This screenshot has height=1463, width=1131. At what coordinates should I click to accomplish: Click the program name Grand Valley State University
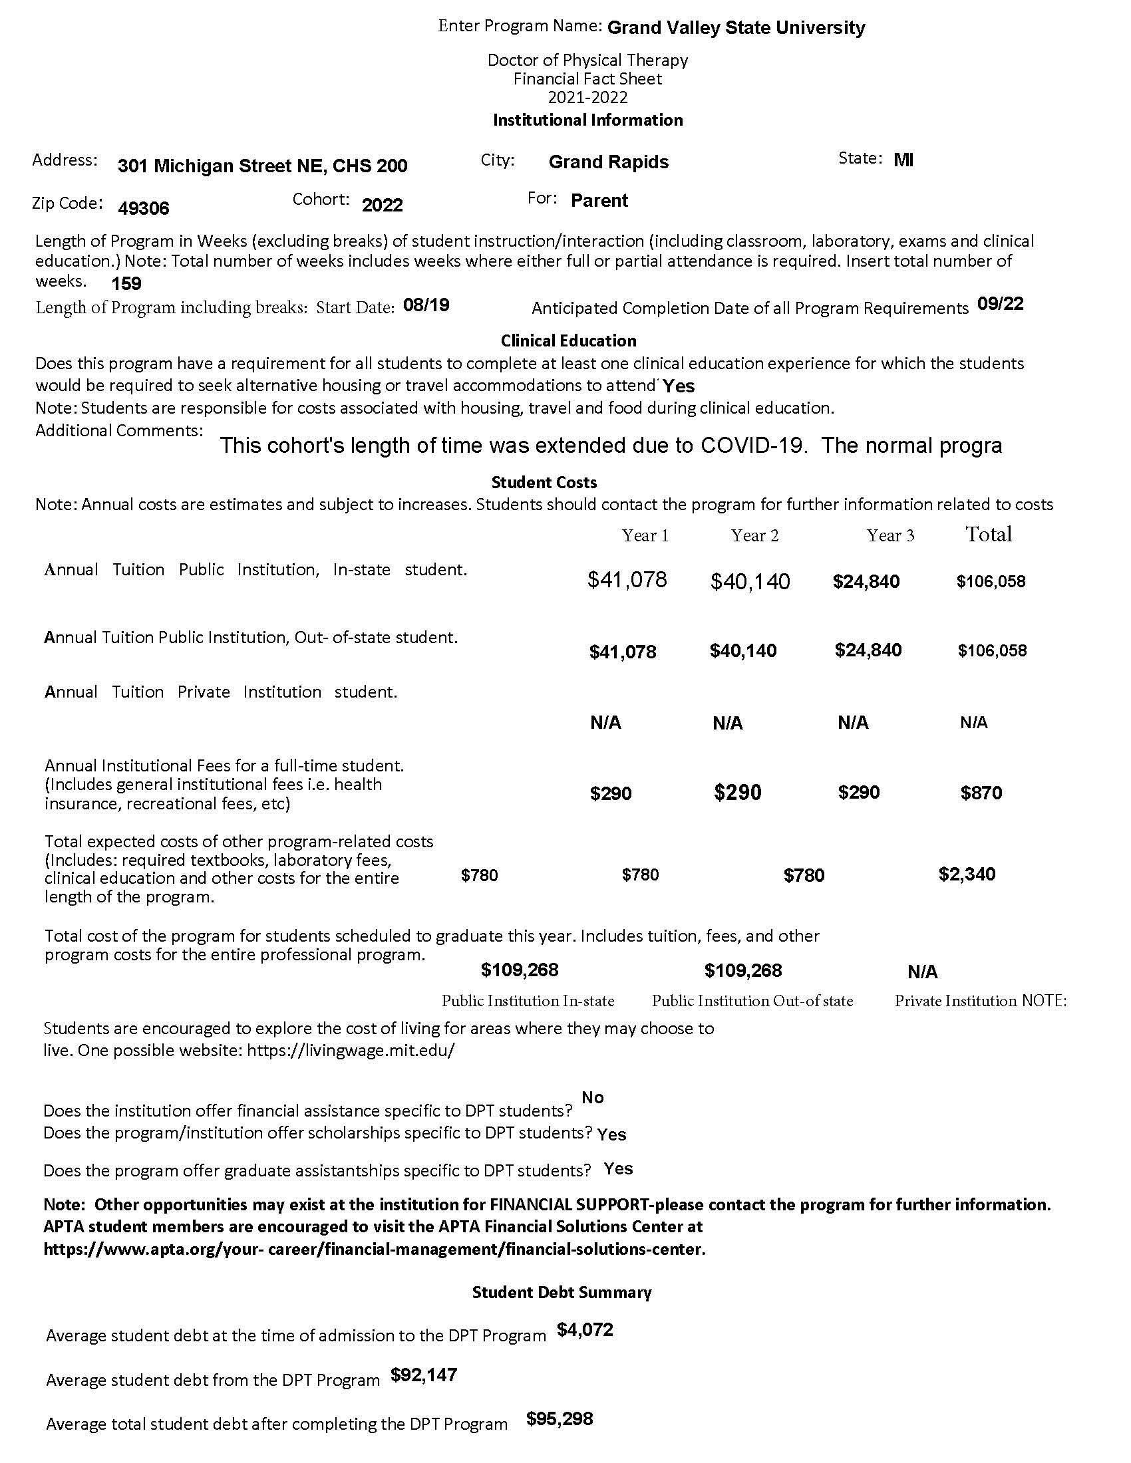(x=736, y=28)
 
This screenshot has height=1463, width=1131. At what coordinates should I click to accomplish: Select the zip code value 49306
(x=144, y=208)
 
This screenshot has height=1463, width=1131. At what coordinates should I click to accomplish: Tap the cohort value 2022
(x=382, y=205)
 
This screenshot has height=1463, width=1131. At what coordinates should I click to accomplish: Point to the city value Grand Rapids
(x=607, y=162)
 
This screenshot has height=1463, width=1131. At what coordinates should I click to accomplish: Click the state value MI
(x=903, y=160)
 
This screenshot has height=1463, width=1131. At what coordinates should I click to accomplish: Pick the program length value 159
(x=126, y=284)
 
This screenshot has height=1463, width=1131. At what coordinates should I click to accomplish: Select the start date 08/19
(x=426, y=305)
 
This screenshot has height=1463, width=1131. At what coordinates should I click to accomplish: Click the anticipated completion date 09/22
(x=1000, y=304)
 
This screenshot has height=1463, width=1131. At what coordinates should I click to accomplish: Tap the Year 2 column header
(x=754, y=535)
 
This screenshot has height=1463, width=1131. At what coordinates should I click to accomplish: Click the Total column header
(x=988, y=535)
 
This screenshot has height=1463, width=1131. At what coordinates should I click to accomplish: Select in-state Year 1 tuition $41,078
(x=627, y=580)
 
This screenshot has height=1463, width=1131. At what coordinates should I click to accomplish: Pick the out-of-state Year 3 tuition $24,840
(x=868, y=650)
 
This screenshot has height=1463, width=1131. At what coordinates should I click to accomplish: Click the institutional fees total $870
(x=981, y=793)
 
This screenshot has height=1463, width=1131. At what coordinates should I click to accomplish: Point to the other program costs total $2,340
(x=966, y=874)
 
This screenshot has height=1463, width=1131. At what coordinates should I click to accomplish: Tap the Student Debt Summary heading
(x=562, y=1293)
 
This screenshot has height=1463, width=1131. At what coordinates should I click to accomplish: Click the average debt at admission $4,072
(x=584, y=1330)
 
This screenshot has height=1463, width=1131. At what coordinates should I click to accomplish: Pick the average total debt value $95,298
(x=559, y=1419)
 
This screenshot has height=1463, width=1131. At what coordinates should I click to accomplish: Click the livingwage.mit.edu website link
(x=351, y=1050)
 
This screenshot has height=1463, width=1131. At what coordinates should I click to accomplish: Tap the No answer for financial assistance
(x=592, y=1097)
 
